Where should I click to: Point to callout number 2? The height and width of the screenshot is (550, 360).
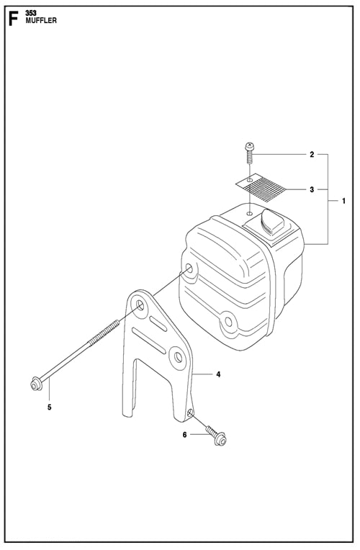[x=312, y=155]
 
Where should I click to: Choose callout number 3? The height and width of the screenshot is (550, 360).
[x=312, y=190]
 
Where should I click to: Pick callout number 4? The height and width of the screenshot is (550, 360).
[x=218, y=374]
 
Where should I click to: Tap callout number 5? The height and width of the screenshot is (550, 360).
[x=50, y=407]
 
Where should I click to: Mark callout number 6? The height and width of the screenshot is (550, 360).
[x=184, y=435]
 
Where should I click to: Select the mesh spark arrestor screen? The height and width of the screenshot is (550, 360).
[x=263, y=185]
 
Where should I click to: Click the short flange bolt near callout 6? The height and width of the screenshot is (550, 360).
[x=213, y=432]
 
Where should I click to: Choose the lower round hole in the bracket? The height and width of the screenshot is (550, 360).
[x=174, y=355]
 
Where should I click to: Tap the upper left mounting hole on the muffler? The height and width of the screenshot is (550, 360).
[x=189, y=271]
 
